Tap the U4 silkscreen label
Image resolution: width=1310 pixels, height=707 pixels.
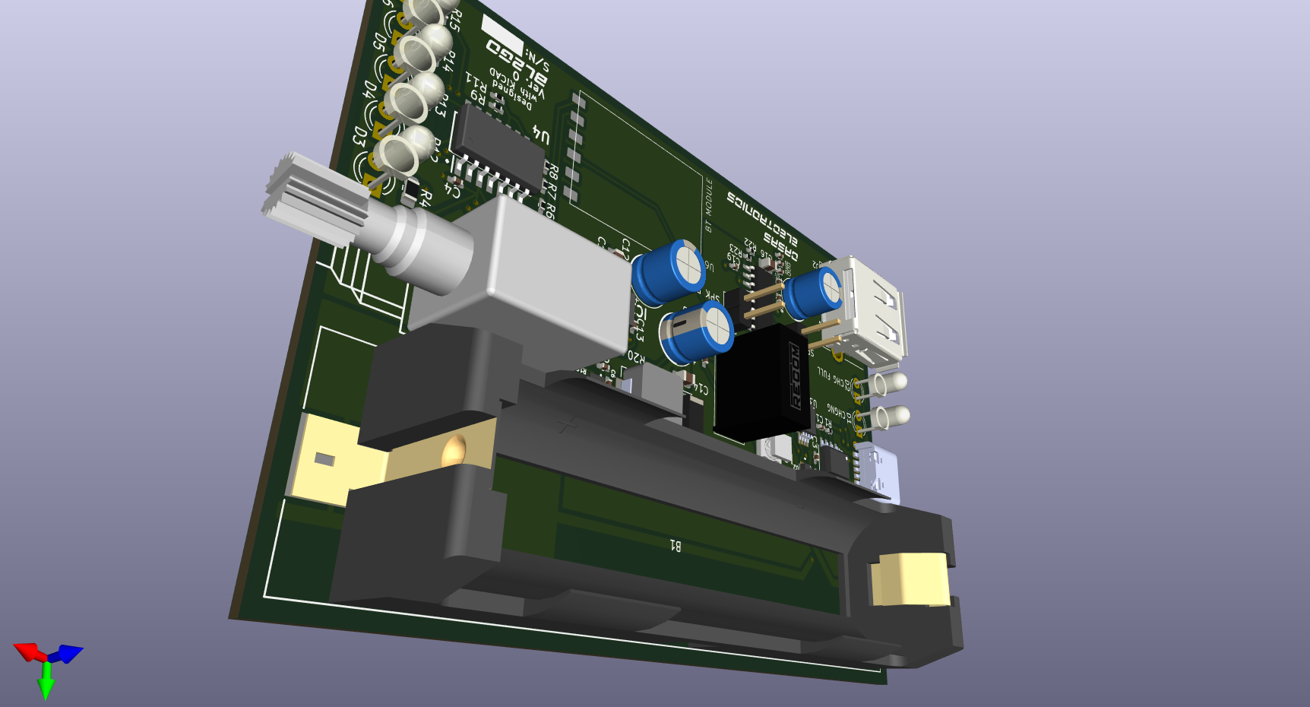pos(540,135)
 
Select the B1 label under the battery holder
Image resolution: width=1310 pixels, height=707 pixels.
pos(675,544)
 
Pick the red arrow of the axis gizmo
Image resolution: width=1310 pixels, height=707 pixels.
pos(29,652)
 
